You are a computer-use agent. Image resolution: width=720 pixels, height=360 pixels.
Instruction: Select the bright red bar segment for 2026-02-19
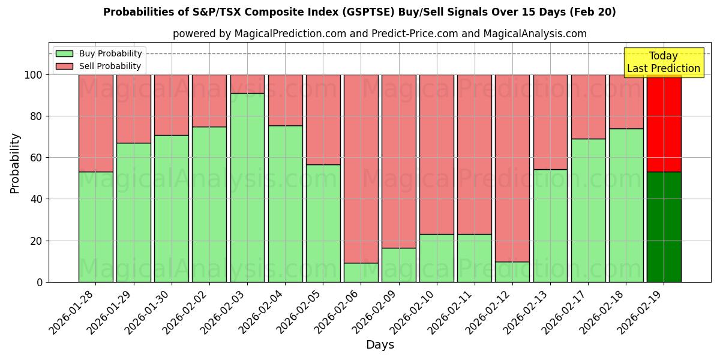664,123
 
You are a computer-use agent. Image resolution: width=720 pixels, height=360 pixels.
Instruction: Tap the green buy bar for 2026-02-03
247,187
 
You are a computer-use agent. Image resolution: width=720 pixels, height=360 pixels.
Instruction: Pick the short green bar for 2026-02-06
361,272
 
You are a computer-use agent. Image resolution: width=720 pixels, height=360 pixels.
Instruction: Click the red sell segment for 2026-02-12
512,168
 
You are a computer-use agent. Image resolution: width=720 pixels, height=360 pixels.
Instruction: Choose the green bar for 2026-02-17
588,210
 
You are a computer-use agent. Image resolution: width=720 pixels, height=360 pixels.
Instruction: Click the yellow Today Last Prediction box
664,62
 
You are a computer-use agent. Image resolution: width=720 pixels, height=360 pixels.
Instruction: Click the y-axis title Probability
15,163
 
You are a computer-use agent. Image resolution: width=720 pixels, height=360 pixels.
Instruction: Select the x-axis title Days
380,345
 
